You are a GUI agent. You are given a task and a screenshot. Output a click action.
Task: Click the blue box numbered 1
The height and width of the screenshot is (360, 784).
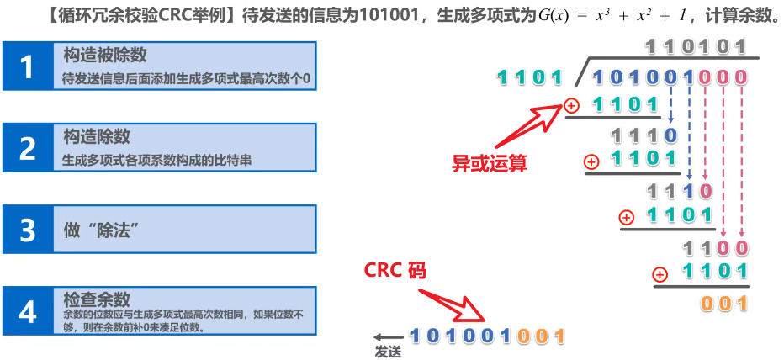point(28,66)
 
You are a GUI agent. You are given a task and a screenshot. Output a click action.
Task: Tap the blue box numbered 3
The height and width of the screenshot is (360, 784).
point(28,229)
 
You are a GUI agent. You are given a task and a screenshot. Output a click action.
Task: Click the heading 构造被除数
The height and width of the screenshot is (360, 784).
point(105,55)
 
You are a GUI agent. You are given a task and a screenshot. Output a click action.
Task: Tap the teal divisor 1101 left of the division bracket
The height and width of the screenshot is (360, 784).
point(529,79)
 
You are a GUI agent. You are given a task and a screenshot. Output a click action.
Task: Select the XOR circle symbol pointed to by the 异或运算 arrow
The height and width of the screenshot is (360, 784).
point(572,105)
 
